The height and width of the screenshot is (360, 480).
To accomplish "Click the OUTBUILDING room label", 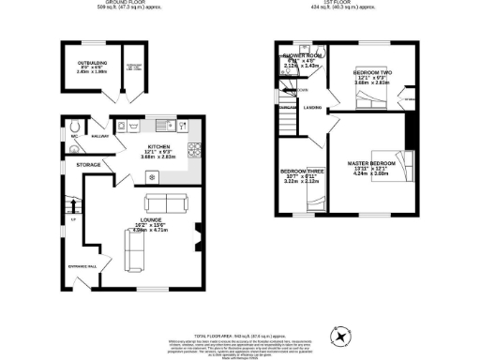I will pos(91,63).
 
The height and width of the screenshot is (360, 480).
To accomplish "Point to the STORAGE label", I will pos(90,164).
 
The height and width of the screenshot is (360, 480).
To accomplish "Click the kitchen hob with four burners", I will pos(196,147).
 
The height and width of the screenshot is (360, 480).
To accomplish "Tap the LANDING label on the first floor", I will pos(314,108).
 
